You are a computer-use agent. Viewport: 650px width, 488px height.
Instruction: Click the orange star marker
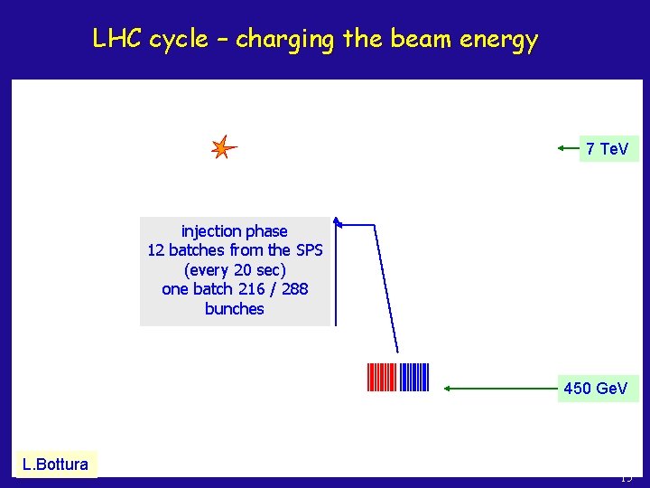point(222,147)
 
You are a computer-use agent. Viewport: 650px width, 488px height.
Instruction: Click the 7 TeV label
point(608,148)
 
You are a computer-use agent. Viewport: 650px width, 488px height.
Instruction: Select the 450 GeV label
point(596,389)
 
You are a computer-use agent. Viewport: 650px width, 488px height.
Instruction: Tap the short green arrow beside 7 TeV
point(567,147)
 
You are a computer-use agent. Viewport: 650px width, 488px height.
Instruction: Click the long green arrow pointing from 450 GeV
point(500,389)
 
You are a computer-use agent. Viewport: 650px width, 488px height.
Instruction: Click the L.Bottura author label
point(56,465)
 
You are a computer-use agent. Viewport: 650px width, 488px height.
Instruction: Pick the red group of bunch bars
point(382,377)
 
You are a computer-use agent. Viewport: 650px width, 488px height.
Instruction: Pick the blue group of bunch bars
point(414,377)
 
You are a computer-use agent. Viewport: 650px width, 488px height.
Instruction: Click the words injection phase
point(235,231)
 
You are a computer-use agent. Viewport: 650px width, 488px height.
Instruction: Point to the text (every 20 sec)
point(235,270)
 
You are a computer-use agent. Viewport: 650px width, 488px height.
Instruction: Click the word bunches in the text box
point(235,309)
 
